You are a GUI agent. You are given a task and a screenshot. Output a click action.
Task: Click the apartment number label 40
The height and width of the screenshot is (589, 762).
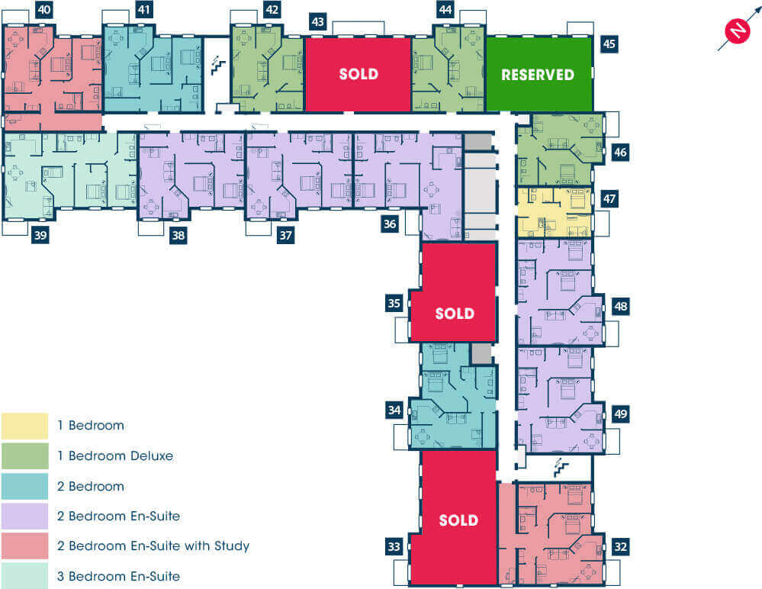(43, 10)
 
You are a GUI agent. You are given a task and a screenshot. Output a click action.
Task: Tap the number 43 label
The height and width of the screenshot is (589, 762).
(317, 22)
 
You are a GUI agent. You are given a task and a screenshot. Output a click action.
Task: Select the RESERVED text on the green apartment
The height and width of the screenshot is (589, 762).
(538, 75)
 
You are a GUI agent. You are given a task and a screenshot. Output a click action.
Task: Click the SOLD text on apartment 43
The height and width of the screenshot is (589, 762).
(358, 74)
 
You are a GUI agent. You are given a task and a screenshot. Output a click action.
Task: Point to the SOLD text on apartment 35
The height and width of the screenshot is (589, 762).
(455, 314)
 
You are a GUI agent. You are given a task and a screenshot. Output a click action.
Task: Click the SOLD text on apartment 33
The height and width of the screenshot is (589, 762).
(458, 520)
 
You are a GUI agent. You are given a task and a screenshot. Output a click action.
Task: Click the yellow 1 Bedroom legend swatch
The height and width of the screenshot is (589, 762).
(24, 426)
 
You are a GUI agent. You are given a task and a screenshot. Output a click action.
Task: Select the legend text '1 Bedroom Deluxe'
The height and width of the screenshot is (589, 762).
(115, 455)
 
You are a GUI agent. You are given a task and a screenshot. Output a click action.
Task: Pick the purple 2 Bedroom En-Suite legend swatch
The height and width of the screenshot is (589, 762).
(24, 516)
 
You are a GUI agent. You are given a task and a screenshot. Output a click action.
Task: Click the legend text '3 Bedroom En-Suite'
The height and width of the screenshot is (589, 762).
(118, 576)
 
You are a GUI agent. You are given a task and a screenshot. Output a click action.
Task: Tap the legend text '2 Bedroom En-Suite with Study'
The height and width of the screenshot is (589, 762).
(153, 546)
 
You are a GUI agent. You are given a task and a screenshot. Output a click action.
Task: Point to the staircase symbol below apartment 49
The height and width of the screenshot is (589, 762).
(561, 468)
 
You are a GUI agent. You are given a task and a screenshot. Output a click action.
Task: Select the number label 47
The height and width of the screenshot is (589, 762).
(609, 199)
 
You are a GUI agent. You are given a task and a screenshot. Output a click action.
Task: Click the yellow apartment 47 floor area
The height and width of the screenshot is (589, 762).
(555, 213)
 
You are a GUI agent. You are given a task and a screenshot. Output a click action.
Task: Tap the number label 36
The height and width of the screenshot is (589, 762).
(390, 224)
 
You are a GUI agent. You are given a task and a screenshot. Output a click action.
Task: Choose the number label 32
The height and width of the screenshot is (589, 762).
(621, 547)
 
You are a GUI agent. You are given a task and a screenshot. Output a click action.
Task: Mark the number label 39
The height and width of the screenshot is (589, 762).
(40, 236)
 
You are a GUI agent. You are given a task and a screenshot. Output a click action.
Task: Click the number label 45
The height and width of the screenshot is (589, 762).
(609, 44)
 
